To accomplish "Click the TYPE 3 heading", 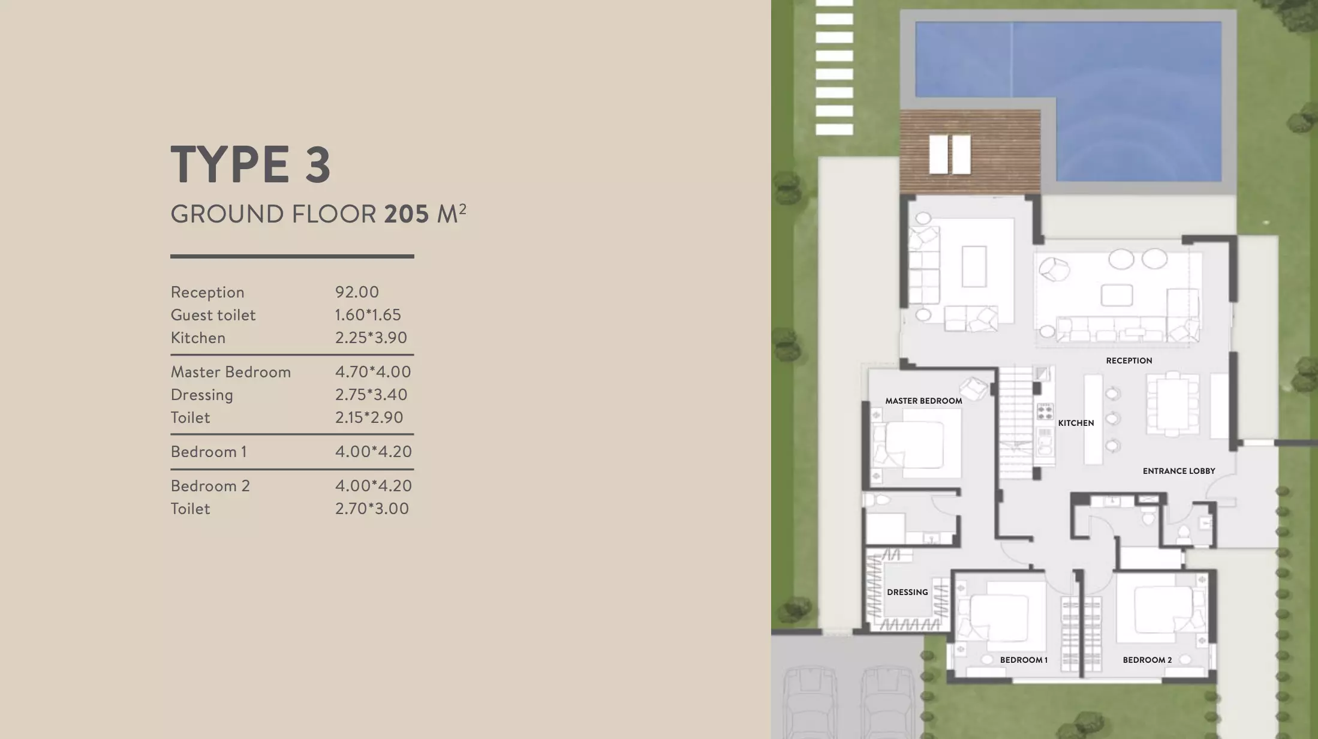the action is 251,164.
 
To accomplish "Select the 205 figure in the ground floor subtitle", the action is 407,214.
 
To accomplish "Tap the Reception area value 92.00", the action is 357,292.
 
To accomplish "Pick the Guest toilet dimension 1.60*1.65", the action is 368,315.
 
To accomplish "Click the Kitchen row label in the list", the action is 198,338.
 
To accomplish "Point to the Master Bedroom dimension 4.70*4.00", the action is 373,372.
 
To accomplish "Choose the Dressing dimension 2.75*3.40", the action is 371,395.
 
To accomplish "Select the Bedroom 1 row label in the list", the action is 209,452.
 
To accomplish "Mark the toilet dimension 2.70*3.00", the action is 372,509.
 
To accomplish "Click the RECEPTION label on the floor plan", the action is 1129,361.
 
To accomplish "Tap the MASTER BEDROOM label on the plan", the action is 923,401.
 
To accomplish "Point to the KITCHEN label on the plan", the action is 1076,423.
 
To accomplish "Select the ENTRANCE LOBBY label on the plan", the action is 1179,471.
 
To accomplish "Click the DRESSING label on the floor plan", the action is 907,592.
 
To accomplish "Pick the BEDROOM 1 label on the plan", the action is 1024,660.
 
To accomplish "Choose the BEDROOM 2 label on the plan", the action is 1147,660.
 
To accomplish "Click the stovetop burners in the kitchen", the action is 1045,411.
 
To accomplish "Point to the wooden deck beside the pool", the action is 970,152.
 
